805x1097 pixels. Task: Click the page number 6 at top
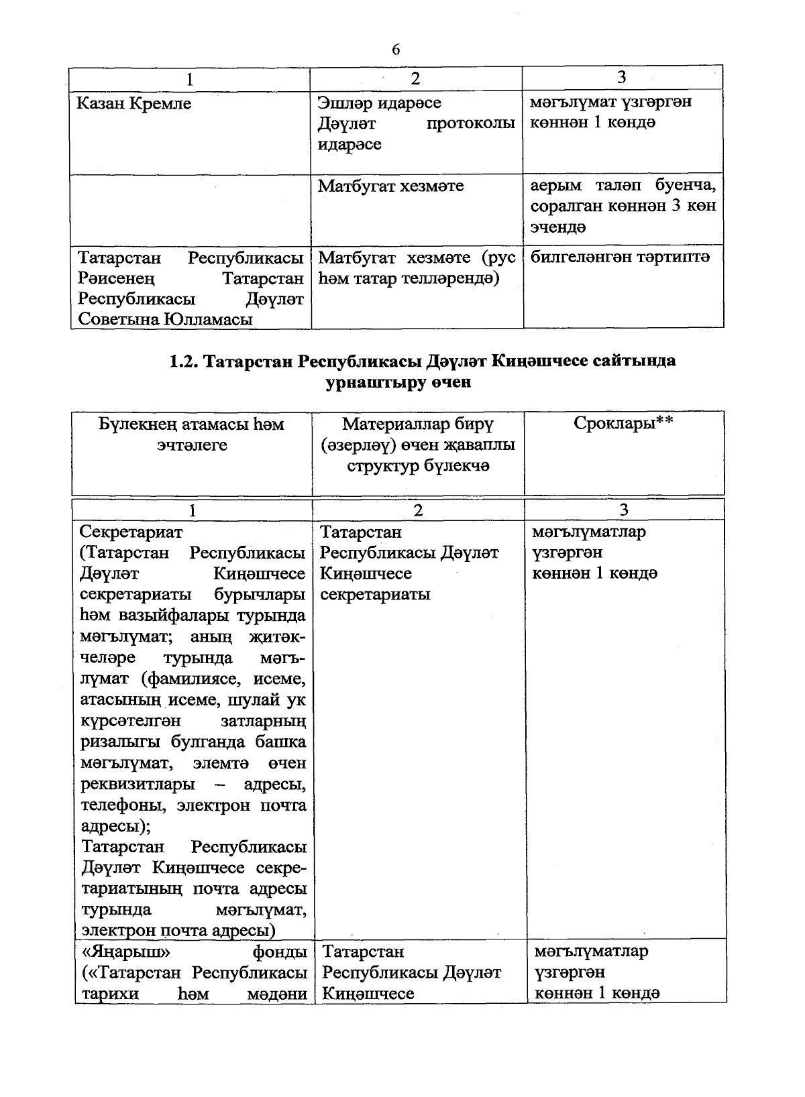(x=396, y=50)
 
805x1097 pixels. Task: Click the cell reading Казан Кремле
(x=133, y=104)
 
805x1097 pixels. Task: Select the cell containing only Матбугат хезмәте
(x=390, y=186)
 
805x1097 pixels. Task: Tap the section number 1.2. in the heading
(x=183, y=361)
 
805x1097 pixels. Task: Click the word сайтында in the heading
(x=634, y=361)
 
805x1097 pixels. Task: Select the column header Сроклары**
(x=623, y=424)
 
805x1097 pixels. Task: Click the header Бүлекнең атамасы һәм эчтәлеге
(x=192, y=435)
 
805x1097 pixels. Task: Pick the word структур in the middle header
(x=382, y=466)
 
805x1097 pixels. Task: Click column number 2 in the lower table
(x=417, y=511)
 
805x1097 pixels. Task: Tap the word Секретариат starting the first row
(x=131, y=532)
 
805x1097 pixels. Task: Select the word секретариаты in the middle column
(x=375, y=595)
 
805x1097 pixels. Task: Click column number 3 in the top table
(x=621, y=78)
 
